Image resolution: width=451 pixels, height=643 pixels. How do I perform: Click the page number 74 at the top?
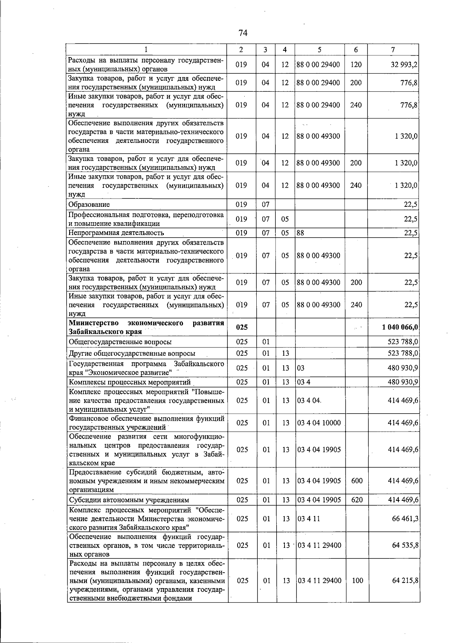243,33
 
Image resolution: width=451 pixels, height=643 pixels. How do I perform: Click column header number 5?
319,50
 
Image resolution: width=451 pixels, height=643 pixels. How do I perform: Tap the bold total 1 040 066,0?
400,327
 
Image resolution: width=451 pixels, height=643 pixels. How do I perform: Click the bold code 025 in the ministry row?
242,328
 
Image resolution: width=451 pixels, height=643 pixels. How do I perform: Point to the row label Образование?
89,205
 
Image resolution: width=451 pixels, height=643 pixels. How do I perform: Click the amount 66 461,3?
405,519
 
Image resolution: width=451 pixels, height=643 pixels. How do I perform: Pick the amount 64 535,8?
405,545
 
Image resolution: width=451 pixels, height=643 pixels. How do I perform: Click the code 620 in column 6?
357,500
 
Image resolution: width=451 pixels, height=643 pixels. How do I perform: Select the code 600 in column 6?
357,481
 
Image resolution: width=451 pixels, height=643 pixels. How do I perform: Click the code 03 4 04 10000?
319,423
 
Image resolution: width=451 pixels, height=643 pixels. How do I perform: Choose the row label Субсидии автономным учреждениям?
129,500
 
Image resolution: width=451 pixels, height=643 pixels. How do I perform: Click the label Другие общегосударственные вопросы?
132,353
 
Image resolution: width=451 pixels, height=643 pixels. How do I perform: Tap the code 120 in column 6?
356,65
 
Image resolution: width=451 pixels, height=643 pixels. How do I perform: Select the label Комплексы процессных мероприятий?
130,382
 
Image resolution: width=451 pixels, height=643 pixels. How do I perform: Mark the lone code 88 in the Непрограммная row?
300,233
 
